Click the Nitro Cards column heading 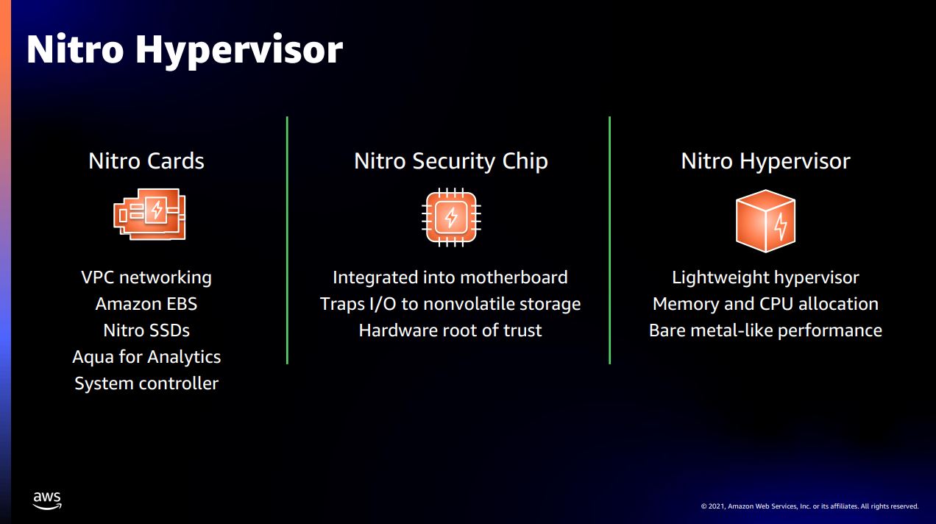point(146,161)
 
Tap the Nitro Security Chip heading point(451,162)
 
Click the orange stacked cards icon point(149,214)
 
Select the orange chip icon point(451,217)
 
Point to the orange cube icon point(765,221)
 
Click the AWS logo point(47,500)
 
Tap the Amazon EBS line point(146,304)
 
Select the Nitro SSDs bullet point(146,330)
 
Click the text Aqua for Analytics point(146,357)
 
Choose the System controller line point(146,383)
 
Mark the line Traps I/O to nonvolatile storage point(450,304)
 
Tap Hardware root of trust point(450,330)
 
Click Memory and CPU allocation point(765,304)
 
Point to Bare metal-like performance point(765,330)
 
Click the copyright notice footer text point(810,506)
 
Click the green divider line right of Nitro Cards point(288,240)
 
